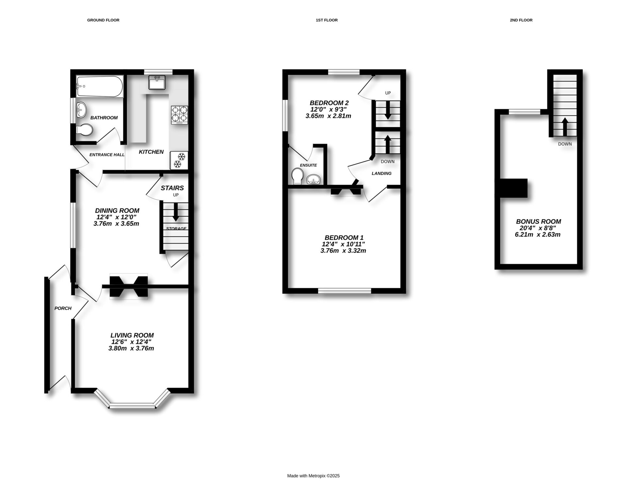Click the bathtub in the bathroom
pos(100,86)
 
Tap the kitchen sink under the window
pos(157,82)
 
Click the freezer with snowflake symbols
pos(179,160)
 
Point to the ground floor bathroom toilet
pos(85,130)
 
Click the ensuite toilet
pos(297,176)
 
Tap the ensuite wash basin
pos(314,180)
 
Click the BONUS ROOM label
pos(539,221)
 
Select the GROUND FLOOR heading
pos(103,20)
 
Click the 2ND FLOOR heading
pos(521,20)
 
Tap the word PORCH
pos(63,308)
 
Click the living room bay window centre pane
pos(132,406)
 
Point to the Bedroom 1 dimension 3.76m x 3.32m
pos(343,251)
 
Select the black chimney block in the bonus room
pos(513,188)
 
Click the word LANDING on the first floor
pos(381,173)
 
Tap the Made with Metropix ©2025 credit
pos(313,476)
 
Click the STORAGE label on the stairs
pos(176,228)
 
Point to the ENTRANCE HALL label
pos(107,155)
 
